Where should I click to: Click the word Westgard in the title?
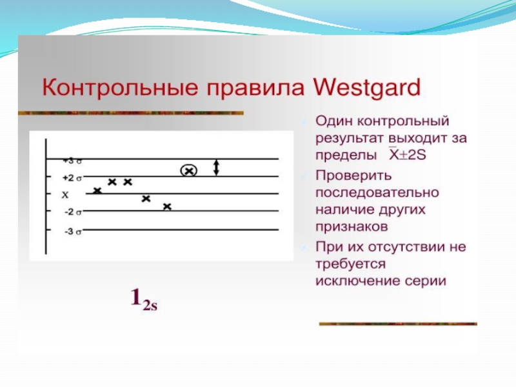pos(366,88)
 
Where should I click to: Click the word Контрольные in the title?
pos(120,88)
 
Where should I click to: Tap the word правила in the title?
pos(255,89)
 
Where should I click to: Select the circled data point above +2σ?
pos(189,170)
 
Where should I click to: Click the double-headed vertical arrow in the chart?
pos(216,168)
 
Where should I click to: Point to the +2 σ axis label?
pos(72,178)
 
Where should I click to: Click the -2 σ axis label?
pos(73,212)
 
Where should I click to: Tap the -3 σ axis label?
pos(73,232)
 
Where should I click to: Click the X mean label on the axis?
pos(65,195)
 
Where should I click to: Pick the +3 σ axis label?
pos(72,161)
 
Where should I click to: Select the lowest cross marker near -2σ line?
pos(167,206)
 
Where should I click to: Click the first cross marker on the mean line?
pos(97,190)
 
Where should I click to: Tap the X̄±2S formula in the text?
pos(408,154)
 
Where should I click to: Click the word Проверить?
pos(353,176)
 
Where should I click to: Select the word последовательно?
pos(377,192)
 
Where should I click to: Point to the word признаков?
pos(352,227)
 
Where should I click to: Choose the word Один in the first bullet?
pos(333,121)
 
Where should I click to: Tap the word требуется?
pos(350,264)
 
